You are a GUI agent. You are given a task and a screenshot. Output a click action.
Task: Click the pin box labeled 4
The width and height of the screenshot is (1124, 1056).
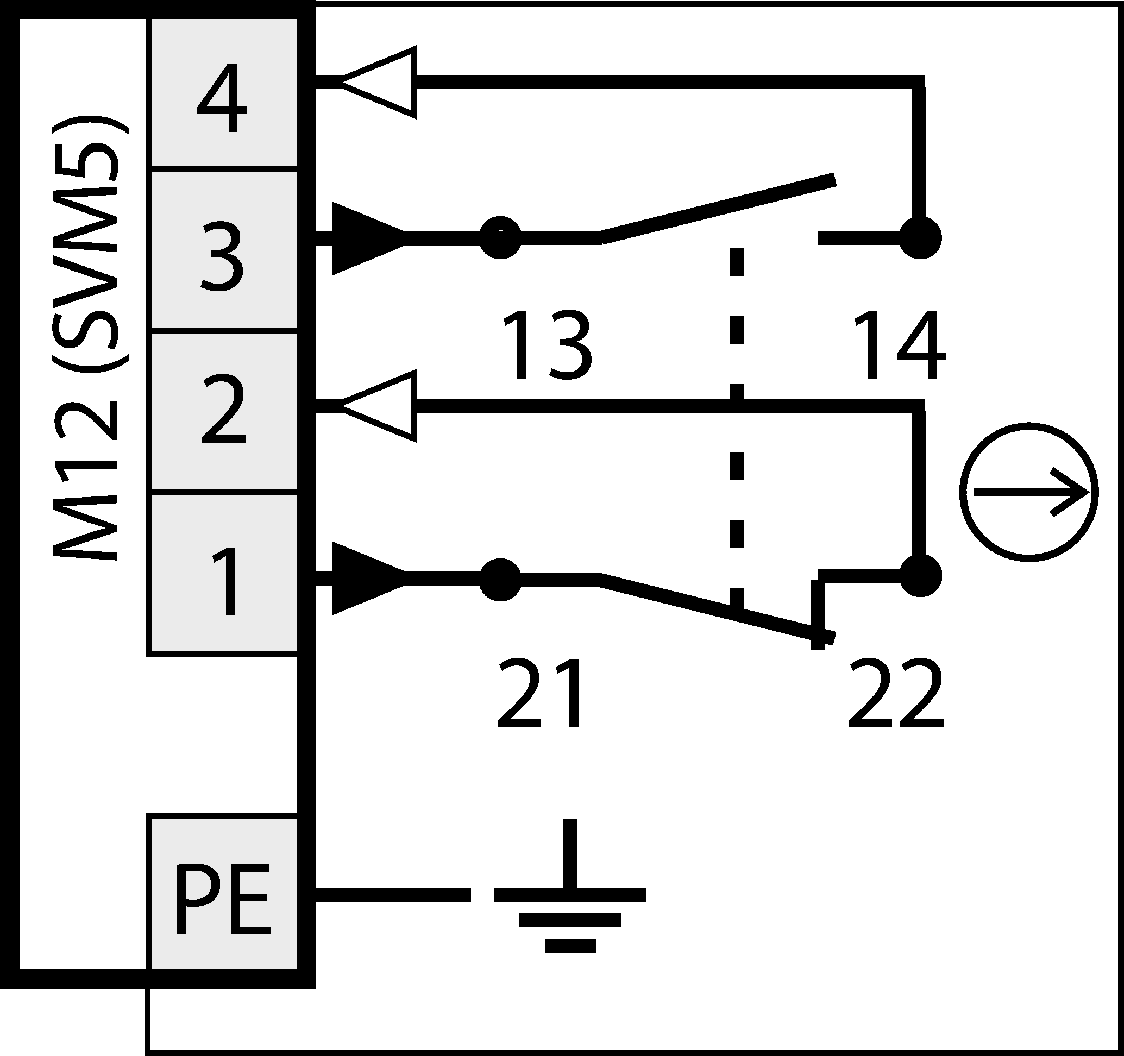(x=222, y=93)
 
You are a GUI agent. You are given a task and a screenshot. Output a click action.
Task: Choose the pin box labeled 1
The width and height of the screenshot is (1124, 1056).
(x=222, y=574)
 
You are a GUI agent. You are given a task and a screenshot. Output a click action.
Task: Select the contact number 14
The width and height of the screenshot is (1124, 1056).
(x=899, y=345)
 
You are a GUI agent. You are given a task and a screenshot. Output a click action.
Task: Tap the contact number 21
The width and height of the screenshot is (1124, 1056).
(x=540, y=693)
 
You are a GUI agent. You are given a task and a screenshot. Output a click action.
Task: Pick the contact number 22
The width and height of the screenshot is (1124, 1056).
(x=896, y=693)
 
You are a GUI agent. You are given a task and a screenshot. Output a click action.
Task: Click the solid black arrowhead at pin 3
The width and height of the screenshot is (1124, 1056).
(x=365, y=238)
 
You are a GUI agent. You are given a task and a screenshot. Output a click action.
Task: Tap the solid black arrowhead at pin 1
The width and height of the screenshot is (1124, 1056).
(x=365, y=578)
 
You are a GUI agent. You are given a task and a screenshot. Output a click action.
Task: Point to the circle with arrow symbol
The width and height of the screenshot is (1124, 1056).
(x=1029, y=492)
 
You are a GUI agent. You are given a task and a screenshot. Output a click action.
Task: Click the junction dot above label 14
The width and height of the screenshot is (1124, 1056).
(x=920, y=238)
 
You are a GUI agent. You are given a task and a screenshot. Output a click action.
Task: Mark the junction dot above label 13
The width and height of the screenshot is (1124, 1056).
(x=500, y=238)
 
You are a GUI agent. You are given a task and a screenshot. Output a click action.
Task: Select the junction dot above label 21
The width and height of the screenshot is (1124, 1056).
(x=500, y=579)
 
